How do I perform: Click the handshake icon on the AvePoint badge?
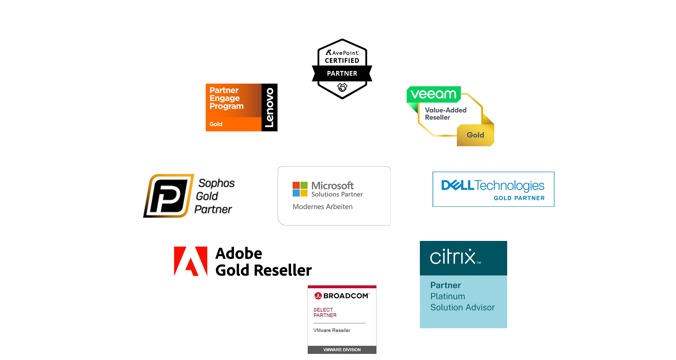point(342,87)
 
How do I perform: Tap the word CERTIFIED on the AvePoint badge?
point(342,61)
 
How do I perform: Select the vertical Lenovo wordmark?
point(269,107)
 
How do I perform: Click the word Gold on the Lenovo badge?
point(216,124)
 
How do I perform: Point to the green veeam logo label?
point(433,94)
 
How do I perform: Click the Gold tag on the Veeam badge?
point(475,135)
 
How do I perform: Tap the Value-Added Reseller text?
point(445,114)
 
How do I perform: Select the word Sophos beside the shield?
point(216,183)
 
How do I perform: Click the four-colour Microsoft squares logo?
point(300,189)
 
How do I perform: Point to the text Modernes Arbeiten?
point(322,207)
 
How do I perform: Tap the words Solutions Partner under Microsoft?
point(337,195)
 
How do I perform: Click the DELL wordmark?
point(457,185)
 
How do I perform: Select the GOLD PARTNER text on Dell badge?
point(519,198)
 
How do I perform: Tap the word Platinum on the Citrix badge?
point(447,296)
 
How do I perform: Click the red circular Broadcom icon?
point(318,296)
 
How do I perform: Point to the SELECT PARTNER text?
point(325,313)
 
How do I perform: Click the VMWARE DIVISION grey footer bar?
point(342,350)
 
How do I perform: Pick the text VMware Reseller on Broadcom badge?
point(332,330)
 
